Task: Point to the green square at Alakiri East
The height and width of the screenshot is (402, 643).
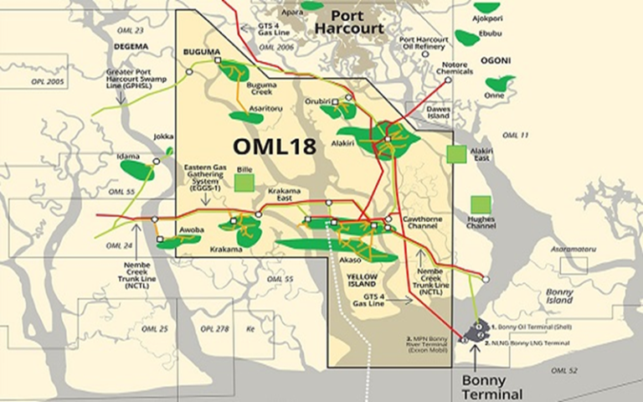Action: click(456, 154)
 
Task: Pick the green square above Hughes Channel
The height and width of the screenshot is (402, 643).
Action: click(481, 204)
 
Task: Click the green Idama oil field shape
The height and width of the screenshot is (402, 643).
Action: click(137, 169)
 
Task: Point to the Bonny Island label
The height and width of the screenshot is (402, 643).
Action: click(557, 296)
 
